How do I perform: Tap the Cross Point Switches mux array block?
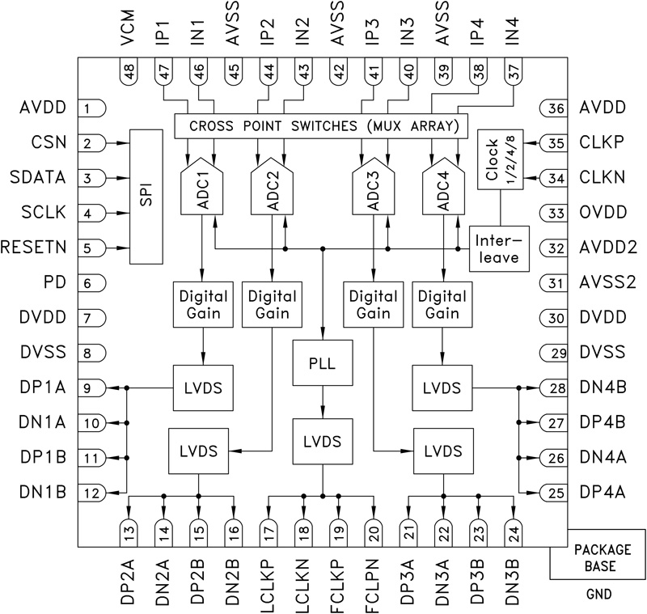point(321,125)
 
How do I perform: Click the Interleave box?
point(499,248)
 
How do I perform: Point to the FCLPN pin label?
point(374,578)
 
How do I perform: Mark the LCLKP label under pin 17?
point(269,578)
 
